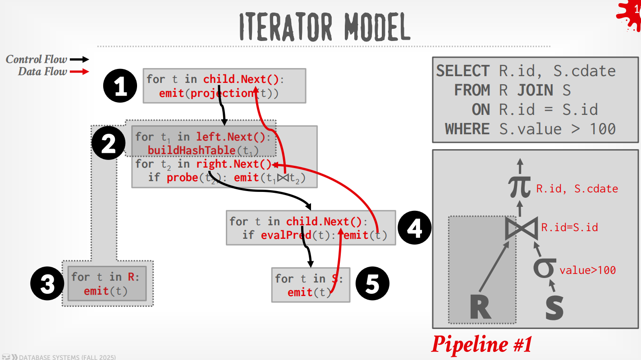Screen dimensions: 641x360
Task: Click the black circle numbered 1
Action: coord(120,86)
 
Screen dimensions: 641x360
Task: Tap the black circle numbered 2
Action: coord(109,143)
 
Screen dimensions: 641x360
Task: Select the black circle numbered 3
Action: coord(47,283)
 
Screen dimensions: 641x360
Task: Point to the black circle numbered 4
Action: coord(415,228)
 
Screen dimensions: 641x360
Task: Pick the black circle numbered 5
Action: coord(373,283)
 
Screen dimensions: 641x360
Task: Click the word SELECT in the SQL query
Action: coord(463,71)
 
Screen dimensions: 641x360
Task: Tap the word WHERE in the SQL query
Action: coord(467,129)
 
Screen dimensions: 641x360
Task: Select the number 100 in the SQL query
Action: coord(603,129)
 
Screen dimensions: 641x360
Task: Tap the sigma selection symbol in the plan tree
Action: coord(545,268)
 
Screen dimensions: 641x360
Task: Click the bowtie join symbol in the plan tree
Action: coord(522,228)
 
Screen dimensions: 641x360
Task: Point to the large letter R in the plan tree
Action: coord(481,307)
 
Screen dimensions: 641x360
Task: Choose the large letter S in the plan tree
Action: coord(554,308)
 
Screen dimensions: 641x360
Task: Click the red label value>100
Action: coord(587,270)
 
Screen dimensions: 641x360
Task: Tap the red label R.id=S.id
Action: coord(569,228)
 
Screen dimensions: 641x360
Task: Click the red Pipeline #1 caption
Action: coord(482,344)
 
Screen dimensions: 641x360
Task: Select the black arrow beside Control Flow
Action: coord(79,59)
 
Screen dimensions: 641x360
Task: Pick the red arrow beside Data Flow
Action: coord(79,72)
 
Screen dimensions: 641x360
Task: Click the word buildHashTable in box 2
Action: coord(192,150)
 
